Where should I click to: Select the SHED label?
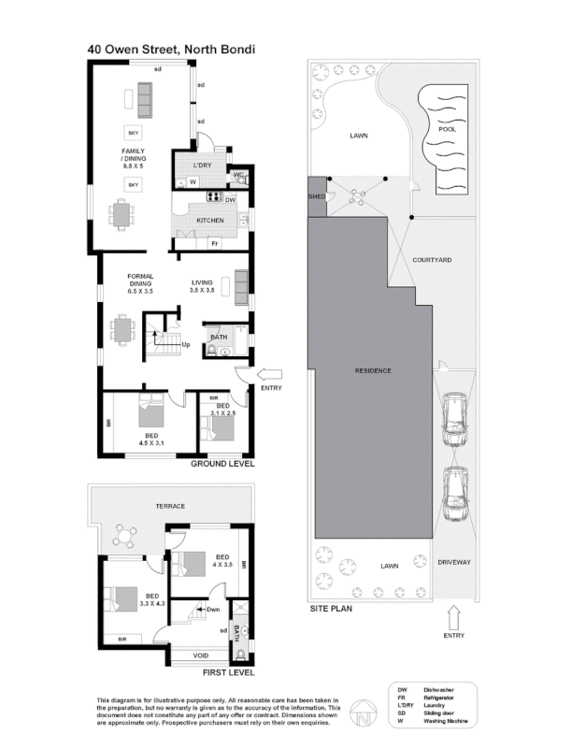(x=316, y=197)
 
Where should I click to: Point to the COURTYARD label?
(x=432, y=258)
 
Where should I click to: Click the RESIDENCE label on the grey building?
(x=372, y=371)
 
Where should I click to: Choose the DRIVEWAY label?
(x=454, y=562)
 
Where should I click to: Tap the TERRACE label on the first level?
(x=170, y=506)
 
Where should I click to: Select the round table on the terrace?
(x=125, y=536)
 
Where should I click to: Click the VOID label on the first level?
(x=200, y=654)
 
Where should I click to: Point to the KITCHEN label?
(x=209, y=221)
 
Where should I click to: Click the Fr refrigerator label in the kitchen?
(x=214, y=244)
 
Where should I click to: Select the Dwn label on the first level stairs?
(x=212, y=610)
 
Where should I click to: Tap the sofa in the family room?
(x=146, y=93)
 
